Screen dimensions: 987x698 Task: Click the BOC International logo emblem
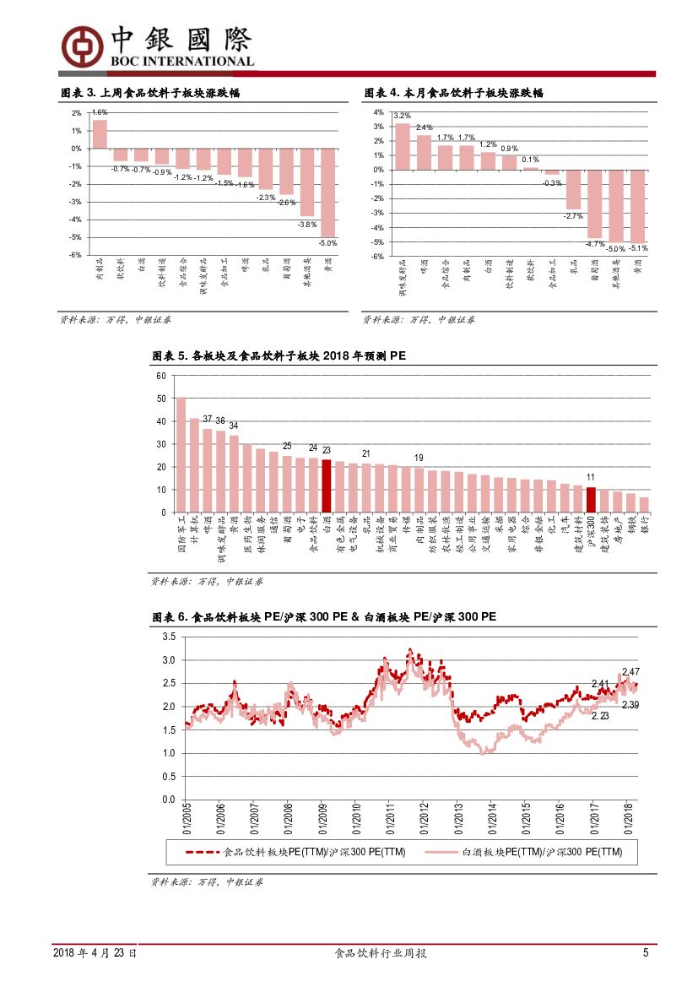(82, 46)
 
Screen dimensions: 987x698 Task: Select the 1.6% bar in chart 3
(100, 134)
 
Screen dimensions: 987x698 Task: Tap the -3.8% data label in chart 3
(307, 225)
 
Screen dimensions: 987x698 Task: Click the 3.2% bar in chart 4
(403, 147)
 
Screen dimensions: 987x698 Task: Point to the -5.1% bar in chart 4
(638, 206)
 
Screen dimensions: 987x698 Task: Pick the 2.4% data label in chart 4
(424, 127)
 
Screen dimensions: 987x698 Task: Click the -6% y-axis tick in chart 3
(76, 255)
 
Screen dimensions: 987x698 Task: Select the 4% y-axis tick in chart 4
(379, 112)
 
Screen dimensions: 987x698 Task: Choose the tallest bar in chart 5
(181, 455)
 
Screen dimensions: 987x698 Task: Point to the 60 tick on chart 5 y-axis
(161, 376)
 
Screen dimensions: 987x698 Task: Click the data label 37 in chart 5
(208, 420)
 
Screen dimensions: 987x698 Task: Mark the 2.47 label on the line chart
(630, 671)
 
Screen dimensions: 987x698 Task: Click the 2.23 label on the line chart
(600, 716)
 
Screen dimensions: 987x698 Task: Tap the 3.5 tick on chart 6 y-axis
(168, 637)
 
